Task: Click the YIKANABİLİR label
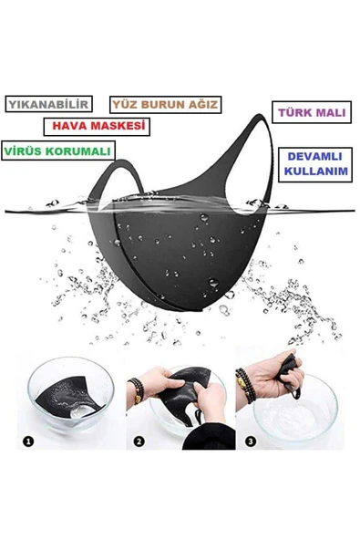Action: coord(49,105)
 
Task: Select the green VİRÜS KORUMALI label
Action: coord(57,149)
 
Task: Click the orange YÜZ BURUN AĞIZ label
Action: coord(164,106)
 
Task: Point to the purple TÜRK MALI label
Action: coord(310,113)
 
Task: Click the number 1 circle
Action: coord(28,441)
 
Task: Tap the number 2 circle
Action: coord(139,441)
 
